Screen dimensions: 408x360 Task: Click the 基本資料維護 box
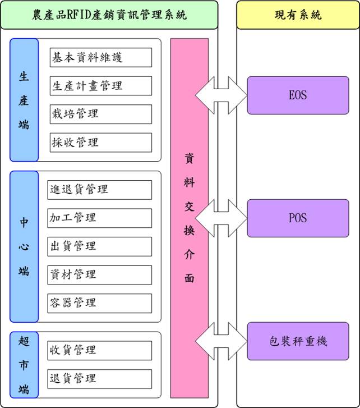pyautogui.click(x=100, y=57)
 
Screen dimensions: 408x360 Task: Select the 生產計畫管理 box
pyautogui.click(x=100, y=86)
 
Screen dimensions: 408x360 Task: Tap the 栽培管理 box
pyautogui.click(x=100, y=114)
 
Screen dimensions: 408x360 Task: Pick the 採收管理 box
pyautogui.click(x=100, y=143)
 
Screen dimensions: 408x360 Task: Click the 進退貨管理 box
pyautogui.click(x=100, y=190)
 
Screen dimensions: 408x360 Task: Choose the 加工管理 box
pyautogui.click(x=100, y=218)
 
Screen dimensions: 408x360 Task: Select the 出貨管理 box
pyautogui.click(x=100, y=246)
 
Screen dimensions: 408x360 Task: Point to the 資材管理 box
pyautogui.click(x=100, y=274)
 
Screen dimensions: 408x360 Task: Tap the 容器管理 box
pyautogui.click(x=100, y=303)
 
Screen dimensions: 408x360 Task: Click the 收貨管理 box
pyautogui.click(x=100, y=350)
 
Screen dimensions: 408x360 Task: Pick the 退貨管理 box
pyautogui.click(x=100, y=378)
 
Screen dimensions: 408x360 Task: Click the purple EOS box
pyautogui.click(x=298, y=95)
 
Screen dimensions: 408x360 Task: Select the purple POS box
pyautogui.click(x=298, y=218)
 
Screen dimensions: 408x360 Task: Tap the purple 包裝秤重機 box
pyautogui.click(x=298, y=341)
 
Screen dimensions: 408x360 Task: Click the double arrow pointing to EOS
pyautogui.click(x=220, y=95)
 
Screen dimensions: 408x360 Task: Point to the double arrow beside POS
pyautogui.click(x=220, y=218)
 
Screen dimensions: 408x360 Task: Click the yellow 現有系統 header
pyautogui.click(x=298, y=15)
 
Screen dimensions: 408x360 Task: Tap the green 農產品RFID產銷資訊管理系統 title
pyautogui.click(x=109, y=15)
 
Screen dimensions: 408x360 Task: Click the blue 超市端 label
pyautogui.click(x=24, y=365)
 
